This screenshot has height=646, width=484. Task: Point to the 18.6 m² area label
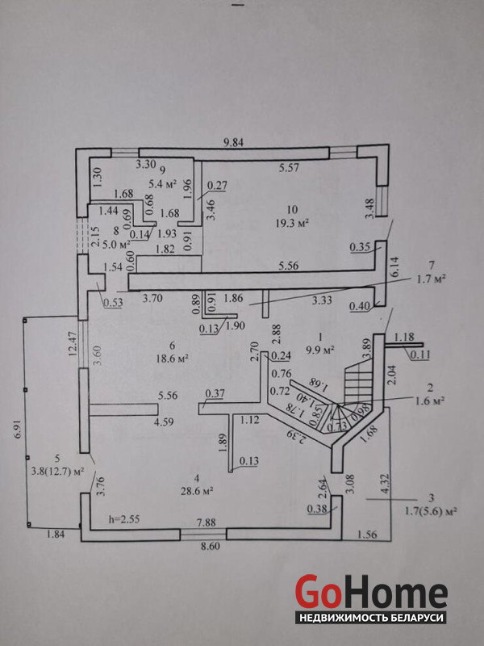[x=171, y=356]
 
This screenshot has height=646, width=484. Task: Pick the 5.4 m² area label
[x=164, y=183]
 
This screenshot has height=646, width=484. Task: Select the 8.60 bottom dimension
[x=210, y=547]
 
